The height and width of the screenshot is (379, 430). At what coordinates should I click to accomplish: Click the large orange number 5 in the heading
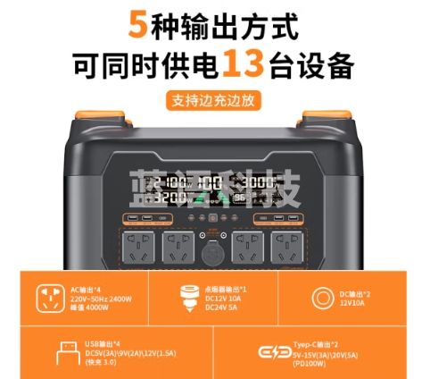tap(137, 24)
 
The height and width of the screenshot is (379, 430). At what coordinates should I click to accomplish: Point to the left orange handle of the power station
tap(98, 122)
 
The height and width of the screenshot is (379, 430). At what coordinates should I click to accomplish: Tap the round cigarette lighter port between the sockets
tap(213, 251)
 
